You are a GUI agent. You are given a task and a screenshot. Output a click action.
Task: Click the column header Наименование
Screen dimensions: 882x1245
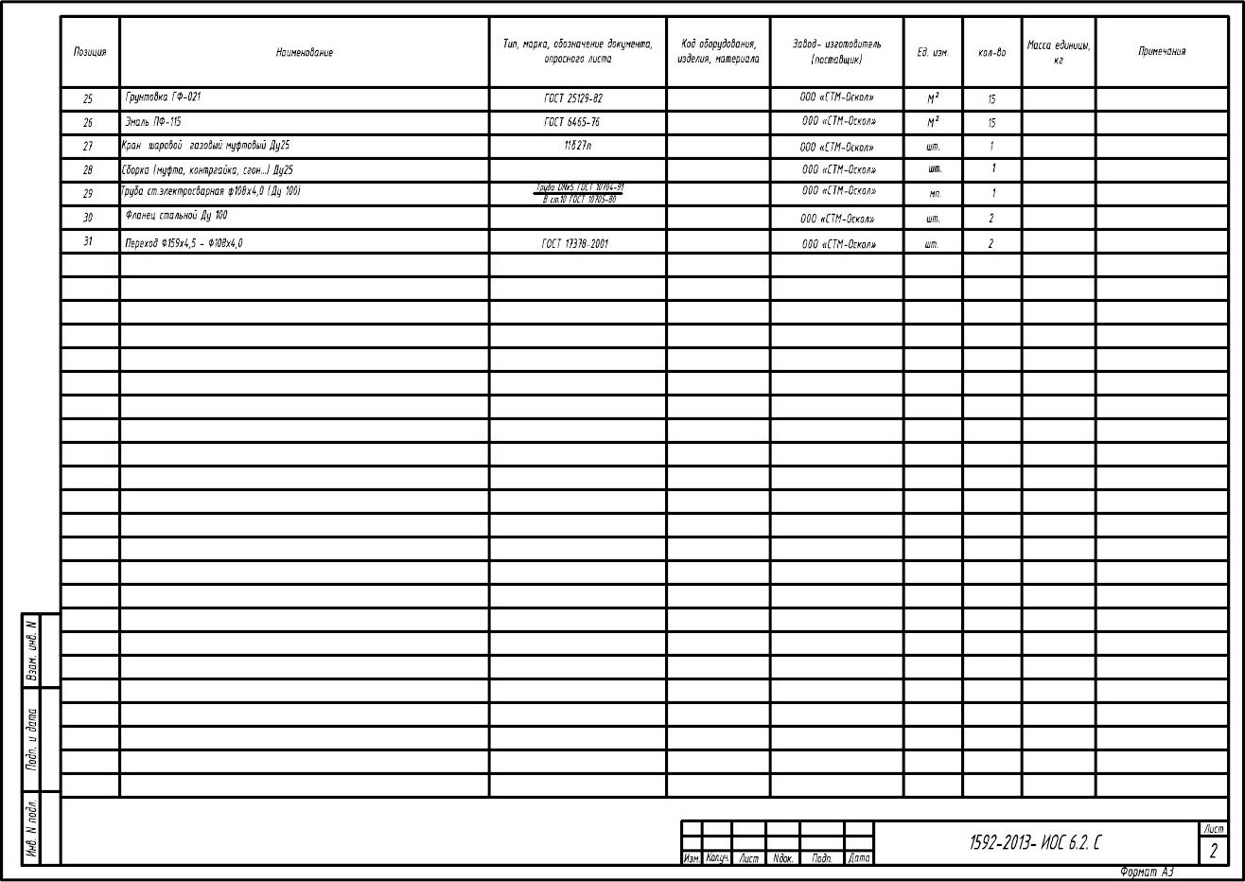click(304, 52)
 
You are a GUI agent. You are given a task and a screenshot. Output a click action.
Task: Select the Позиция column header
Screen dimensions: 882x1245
click(89, 52)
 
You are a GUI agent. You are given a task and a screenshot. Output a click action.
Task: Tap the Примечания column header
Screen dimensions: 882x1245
click(1161, 51)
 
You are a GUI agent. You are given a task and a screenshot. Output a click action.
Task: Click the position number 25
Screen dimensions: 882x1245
click(88, 98)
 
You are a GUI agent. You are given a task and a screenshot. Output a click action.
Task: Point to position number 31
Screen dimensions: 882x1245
click(88, 241)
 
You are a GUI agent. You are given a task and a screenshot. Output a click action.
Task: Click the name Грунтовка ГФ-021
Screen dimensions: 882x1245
click(163, 97)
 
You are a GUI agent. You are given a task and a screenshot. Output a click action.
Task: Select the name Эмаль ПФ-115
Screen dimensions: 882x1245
click(152, 122)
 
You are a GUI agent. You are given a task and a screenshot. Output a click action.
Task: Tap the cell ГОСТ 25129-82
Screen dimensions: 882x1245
click(572, 98)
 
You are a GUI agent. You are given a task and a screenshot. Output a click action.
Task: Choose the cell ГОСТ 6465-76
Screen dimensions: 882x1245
click(571, 122)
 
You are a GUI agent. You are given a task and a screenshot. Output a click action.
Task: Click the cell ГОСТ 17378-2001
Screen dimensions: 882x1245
click(574, 243)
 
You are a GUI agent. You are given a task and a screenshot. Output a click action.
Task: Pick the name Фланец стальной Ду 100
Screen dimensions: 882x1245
click(176, 216)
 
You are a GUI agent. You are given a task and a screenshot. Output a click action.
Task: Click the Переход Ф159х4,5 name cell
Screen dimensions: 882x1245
click(184, 243)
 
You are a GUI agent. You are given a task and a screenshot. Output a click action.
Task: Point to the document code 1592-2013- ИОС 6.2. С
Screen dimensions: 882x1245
click(1036, 842)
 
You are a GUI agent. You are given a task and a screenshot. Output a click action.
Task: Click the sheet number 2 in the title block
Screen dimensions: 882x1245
click(1212, 851)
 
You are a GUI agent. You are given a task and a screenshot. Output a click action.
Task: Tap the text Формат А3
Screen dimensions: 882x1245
click(1147, 872)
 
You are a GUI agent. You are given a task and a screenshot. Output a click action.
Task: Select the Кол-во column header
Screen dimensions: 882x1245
click(991, 52)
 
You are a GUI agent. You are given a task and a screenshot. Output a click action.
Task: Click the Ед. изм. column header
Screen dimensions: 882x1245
click(932, 52)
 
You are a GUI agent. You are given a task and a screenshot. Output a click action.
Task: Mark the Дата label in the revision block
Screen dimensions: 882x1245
click(858, 858)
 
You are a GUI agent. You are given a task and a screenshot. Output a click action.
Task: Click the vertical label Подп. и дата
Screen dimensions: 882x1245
click(32, 738)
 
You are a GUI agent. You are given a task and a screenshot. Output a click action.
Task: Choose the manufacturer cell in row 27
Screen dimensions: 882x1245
click(836, 147)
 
